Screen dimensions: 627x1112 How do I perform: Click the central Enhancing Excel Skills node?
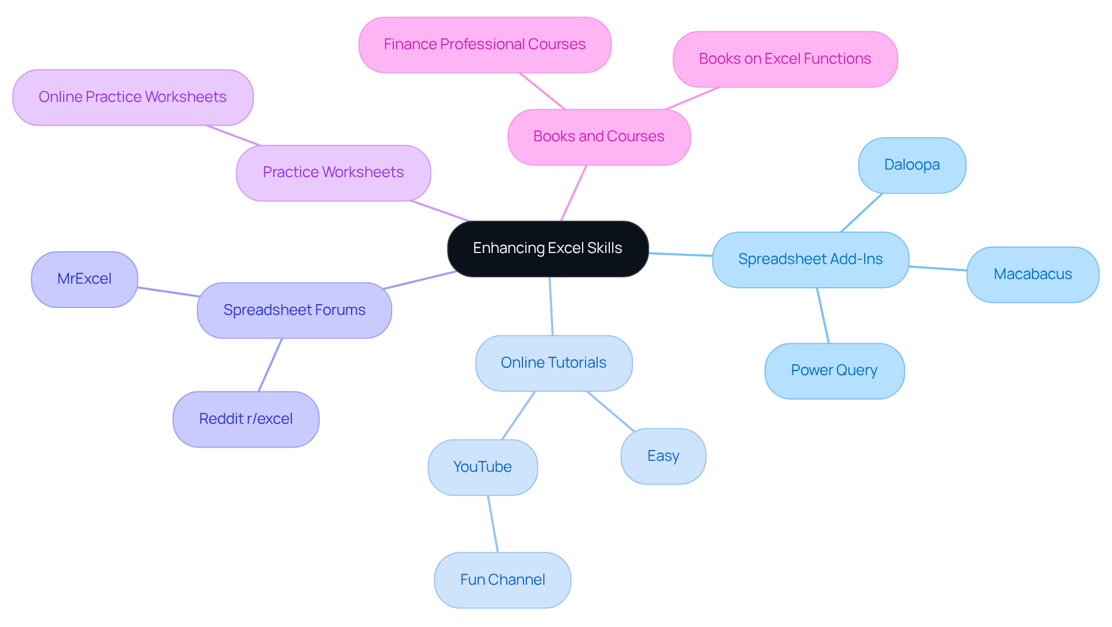pos(547,248)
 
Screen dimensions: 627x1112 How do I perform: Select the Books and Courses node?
pos(599,137)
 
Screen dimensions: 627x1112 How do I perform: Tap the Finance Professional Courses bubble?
pos(485,45)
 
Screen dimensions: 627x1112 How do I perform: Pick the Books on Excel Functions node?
pos(785,59)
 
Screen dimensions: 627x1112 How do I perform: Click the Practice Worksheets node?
pos(333,173)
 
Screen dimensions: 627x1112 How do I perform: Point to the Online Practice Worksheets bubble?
pos(133,97)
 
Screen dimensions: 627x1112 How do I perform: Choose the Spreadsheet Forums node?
pos(294,310)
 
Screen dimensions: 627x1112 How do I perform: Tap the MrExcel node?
pos(85,279)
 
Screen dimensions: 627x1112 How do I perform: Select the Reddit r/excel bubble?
pos(246,419)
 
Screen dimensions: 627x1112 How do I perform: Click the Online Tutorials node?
pos(554,363)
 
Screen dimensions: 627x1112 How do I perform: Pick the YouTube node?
pos(482,467)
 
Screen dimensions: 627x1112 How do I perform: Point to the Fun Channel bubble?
pos(502,580)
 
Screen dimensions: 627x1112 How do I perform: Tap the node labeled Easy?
pos(663,456)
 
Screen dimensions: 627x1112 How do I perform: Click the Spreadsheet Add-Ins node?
pos(810,259)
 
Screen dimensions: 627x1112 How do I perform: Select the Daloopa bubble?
pos(912,165)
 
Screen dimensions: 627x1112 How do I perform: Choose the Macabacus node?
pos(1033,274)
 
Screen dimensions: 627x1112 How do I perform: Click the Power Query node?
pos(834,371)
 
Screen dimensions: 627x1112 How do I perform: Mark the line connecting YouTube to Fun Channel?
pos(493,524)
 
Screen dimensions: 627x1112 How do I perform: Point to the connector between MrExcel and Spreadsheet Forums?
pos(168,292)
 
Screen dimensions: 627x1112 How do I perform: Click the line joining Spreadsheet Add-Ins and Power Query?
pos(823,316)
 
